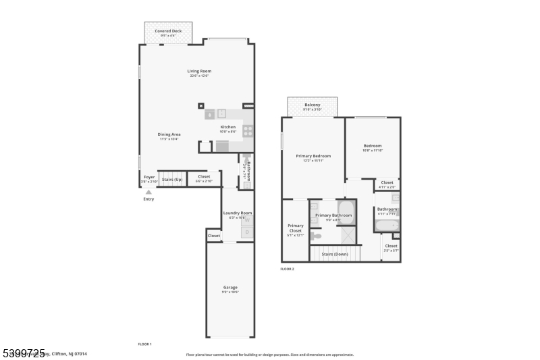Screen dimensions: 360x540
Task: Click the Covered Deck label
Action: [x=167, y=31]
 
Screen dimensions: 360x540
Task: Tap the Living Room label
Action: [x=199, y=71]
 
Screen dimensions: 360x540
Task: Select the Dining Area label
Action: [x=169, y=134]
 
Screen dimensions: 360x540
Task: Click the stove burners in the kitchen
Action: [x=248, y=131]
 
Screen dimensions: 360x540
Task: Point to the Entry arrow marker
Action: [x=148, y=192]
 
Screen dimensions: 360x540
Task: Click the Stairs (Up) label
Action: [x=172, y=179]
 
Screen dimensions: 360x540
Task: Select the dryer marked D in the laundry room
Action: [x=247, y=232]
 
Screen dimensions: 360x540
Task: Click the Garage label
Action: [x=230, y=287]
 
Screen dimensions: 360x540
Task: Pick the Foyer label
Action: [x=149, y=177]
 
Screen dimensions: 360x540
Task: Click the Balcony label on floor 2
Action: [x=313, y=105]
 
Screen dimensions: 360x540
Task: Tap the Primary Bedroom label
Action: [x=313, y=156]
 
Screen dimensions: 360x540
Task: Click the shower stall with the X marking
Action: [x=347, y=234]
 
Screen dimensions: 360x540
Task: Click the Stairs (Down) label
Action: [x=335, y=254]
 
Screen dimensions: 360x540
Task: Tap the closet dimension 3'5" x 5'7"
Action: [x=391, y=251]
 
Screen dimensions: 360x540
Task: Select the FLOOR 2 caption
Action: [x=287, y=269]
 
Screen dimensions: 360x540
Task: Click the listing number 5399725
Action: [x=23, y=353]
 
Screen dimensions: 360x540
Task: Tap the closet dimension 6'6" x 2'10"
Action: [x=204, y=182]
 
